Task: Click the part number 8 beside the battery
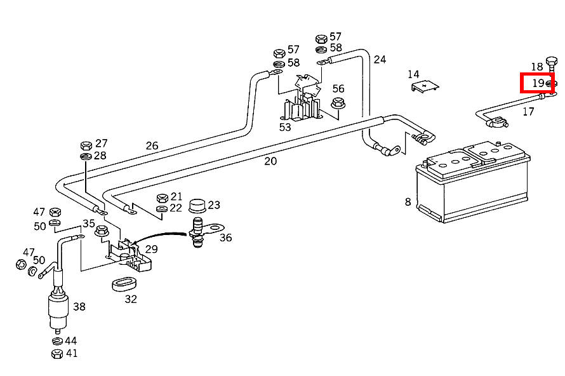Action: click(408, 202)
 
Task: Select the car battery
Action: click(472, 184)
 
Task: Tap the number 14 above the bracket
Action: click(414, 74)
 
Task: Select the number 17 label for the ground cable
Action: click(528, 112)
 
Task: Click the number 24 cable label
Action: click(380, 60)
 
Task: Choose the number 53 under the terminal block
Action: click(285, 127)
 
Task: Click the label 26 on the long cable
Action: click(152, 146)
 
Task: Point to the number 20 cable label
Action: click(270, 161)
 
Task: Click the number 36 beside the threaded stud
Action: click(225, 238)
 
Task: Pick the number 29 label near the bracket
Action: click(151, 250)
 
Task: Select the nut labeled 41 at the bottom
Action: click(56, 353)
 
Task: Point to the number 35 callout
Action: click(88, 224)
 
